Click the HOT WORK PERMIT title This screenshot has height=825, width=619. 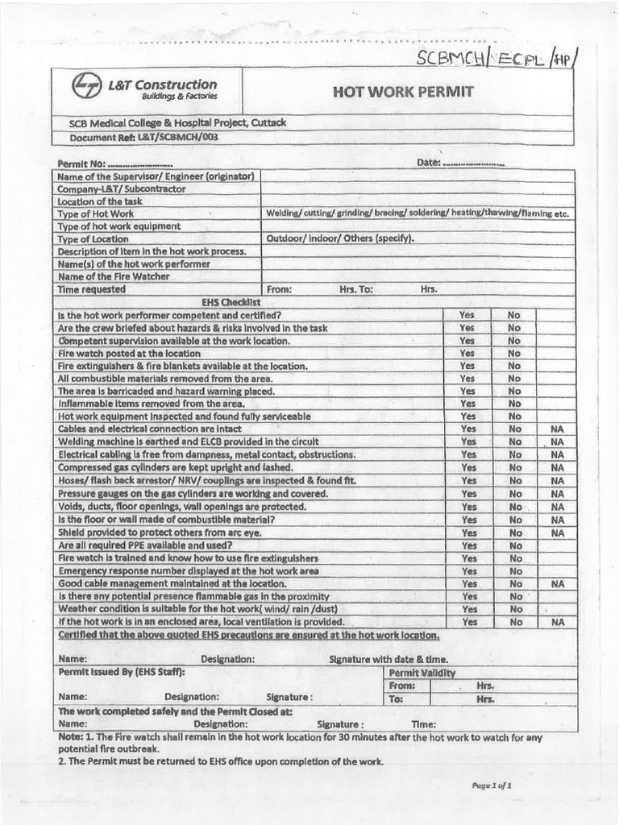(x=403, y=91)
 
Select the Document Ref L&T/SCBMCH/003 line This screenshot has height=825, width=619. (x=144, y=137)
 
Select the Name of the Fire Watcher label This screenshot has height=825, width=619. (x=113, y=276)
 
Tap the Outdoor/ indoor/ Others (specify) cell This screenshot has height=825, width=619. (x=340, y=239)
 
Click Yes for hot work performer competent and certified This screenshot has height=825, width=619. (x=467, y=315)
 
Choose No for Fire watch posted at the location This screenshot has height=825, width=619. (x=514, y=353)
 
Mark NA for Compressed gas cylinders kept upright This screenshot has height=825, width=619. (x=557, y=467)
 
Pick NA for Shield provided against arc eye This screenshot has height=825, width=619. (x=557, y=533)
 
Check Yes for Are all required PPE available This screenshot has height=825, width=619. (x=467, y=545)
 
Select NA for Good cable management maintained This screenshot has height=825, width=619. (x=557, y=583)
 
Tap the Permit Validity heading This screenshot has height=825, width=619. (x=422, y=672)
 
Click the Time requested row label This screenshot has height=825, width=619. (x=91, y=289)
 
